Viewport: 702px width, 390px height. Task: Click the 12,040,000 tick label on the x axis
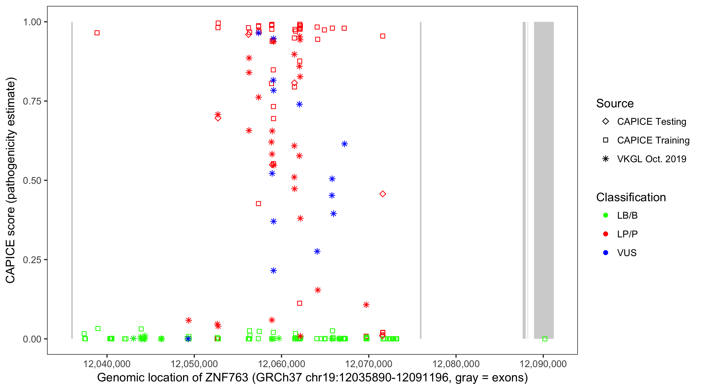(107, 364)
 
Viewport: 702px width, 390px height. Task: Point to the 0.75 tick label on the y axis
(32, 101)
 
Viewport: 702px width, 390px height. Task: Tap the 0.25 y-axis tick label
(32, 260)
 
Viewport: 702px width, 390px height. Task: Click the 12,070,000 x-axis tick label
(368, 364)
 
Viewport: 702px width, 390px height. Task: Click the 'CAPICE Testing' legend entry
(651, 122)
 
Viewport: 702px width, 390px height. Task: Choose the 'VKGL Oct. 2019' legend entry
(651, 159)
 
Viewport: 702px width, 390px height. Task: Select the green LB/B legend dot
(606, 215)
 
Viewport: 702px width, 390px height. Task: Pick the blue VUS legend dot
(606, 253)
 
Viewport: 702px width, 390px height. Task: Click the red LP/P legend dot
(606, 234)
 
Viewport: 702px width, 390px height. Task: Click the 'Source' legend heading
(615, 103)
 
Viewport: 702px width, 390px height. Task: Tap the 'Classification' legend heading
(631, 197)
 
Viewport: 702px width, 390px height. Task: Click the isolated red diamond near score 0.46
(383, 194)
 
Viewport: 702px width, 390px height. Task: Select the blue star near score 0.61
(344, 144)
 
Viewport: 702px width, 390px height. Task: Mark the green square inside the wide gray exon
(545, 339)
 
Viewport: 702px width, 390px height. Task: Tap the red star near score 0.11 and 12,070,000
(366, 305)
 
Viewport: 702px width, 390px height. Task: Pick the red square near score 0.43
(258, 204)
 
